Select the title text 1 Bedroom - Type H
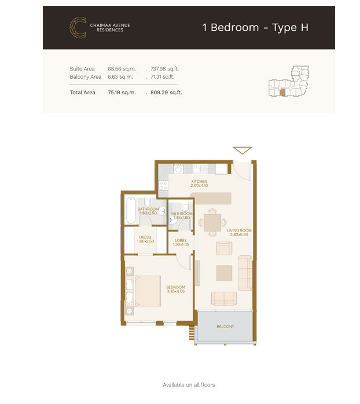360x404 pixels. coord(255,28)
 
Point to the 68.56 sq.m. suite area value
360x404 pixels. coord(122,69)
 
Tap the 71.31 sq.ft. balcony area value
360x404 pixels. coord(163,77)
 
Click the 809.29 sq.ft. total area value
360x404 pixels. coord(166,93)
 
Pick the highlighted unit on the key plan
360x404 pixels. coord(282,93)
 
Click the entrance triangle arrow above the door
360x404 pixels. coord(243,150)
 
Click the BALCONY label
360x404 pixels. coord(225,326)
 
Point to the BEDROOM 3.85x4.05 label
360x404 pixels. coord(176,289)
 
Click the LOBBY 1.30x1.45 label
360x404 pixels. coord(181,242)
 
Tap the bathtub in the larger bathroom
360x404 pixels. coord(131,210)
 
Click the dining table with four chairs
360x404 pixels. coord(212,223)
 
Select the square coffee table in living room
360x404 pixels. coord(224,273)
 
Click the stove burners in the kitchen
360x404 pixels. coord(163,185)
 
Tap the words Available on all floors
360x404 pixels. coord(189,385)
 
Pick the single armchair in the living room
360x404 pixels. coord(224,248)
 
